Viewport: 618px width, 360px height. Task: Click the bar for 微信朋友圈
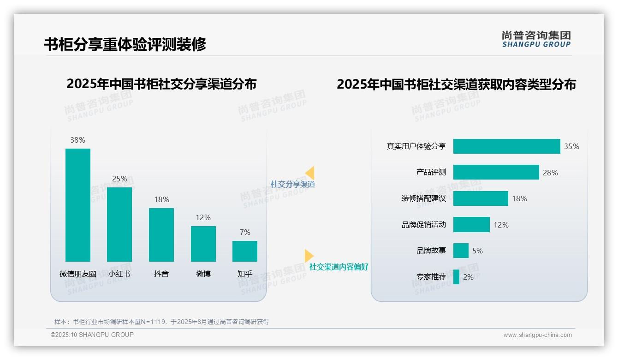pyautogui.click(x=78, y=205)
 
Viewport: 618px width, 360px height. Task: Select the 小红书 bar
pyautogui.click(x=119, y=224)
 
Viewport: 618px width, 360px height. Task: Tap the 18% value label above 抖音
pyautogui.click(x=161, y=199)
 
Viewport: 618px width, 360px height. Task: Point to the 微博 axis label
pyautogui.click(x=203, y=274)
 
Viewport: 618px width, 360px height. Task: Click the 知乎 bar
pyautogui.click(x=245, y=251)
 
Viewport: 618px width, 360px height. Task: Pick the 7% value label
pyautogui.click(x=245, y=232)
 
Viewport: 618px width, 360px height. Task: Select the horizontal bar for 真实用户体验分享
pyautogui.click(x=506, y=146)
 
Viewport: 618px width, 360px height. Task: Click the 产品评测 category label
pyautogui.click(x=431, y=172)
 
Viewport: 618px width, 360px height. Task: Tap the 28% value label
pyautogui.click(x=550, y=173)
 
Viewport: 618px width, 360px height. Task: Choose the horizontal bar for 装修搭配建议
pyautogui.click(x=481, y=198)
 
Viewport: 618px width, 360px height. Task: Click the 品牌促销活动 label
pyautogui.click(x=423, y=225)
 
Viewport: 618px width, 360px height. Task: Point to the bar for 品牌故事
pyautogui.click(x=461, y=251)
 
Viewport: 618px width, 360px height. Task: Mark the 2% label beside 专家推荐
pyautogui.click(x=468, y=277)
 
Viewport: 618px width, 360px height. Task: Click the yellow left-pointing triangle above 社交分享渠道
pyautogui.click(x=310, y=173)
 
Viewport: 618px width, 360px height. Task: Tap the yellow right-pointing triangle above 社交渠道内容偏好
pyautogui.click(x=309, y=256)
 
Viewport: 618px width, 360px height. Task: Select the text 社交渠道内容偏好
pyautogui.click(x=339, y=267)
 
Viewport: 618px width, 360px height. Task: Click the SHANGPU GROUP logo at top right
pyautogui.click(x=536, y=39)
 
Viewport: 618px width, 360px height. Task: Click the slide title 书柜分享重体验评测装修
pyautogui.click(x=125, y=44)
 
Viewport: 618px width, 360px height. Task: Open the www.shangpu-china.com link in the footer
pyautogui.click(x=537, y=335)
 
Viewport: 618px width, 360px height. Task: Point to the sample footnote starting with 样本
pyautogui.click(x=161, y=322)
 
